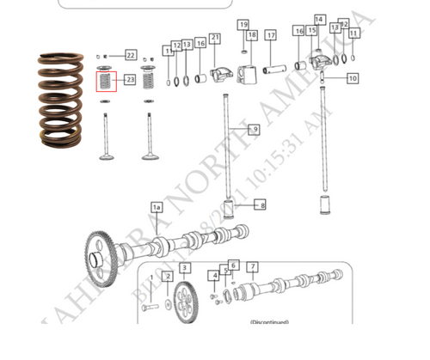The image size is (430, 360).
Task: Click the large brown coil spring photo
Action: tap(63, 101)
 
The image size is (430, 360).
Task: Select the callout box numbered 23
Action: tap(131, 80)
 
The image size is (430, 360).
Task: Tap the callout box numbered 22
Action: tap(131, 56)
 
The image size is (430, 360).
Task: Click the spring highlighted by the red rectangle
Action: tap(104, 83)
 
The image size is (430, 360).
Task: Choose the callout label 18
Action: tap(252, 35)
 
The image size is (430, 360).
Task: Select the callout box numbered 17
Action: tap(270, 35)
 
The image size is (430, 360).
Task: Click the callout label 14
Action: tap(319, 19)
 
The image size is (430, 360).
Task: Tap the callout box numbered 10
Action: tap(353, 78)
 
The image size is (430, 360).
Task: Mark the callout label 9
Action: tap(254, 129)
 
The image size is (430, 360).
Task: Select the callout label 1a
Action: tap(157, 207)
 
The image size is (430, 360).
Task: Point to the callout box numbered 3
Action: tap(186, 269)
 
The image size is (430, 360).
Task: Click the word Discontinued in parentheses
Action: tap(269, 322)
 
